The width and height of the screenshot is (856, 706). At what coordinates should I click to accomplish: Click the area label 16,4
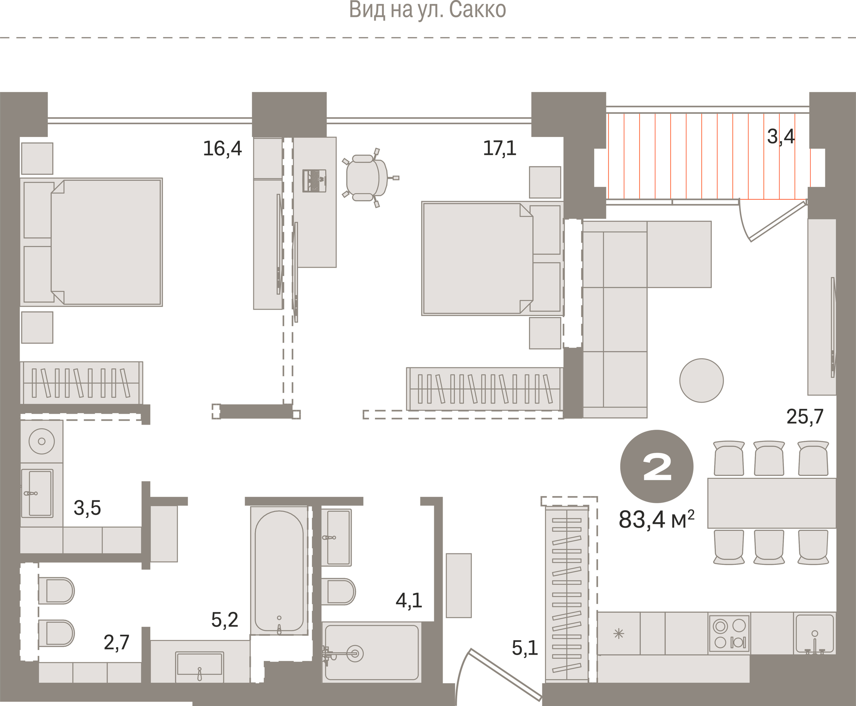222,148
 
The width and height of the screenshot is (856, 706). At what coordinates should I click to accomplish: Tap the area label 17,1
499,148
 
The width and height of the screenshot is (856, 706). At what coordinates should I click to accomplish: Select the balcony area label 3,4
781,137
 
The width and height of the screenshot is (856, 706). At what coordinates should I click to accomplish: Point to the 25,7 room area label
805,417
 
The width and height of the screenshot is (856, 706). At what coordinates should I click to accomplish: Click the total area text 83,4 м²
656,519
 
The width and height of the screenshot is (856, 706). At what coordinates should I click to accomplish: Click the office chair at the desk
369,178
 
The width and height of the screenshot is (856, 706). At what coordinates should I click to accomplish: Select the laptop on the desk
314,181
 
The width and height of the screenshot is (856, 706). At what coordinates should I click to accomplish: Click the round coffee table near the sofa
701,380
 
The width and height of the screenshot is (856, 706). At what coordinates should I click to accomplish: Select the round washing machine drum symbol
42,441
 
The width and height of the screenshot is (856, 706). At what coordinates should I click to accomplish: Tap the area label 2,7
116,643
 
